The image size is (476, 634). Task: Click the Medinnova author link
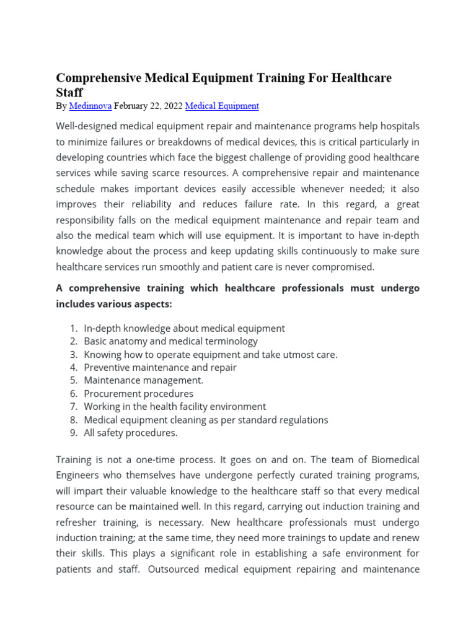coord(90,106)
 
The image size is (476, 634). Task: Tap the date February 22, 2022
coord(148,106)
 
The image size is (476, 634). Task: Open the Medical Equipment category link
coord(222,106)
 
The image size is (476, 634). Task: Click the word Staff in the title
coord(69,93)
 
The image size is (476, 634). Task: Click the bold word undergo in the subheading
coord(399,289)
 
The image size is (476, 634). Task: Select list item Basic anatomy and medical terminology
coord(170,341)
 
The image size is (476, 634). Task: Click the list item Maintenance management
coord(143,380)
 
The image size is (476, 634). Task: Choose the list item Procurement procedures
coord(138,393)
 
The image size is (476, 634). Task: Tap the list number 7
coord(73,407)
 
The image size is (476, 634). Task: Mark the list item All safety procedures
coord(130,433)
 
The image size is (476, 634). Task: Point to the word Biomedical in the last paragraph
coord(395,459)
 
